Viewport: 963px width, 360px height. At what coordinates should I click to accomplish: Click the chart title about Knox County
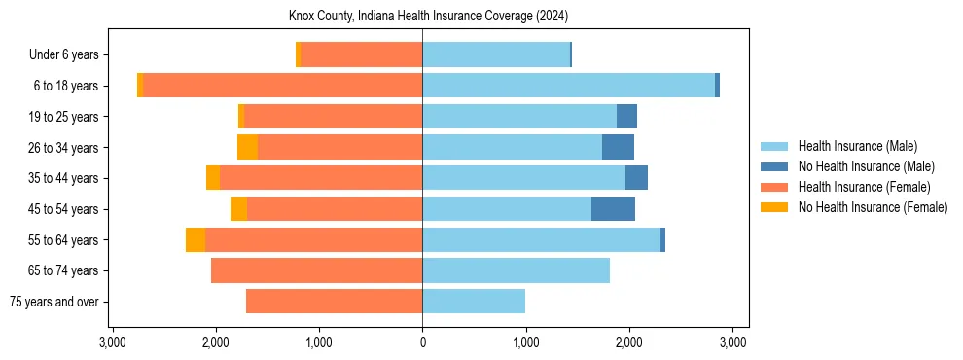pos(428,17)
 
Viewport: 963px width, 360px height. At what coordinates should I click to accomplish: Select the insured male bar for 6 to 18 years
pos(568,86)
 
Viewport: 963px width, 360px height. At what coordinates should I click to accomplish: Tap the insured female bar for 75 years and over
pos(334,302)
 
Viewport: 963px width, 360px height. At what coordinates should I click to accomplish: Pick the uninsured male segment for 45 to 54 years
pos(613,209)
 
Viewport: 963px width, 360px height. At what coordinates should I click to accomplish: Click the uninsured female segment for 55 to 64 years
pos(196,240)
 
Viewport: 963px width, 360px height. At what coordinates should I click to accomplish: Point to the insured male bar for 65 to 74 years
pos(516,270)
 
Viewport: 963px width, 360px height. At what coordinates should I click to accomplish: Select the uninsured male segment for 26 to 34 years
pos(618,147)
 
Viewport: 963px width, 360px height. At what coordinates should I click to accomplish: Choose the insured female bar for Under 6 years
pos(361,54)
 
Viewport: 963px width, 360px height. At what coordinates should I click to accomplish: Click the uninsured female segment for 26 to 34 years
pos(248,147)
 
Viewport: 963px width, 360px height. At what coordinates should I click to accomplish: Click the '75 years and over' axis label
pos(54,303)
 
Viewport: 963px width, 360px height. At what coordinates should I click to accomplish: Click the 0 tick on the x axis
pos(422,342)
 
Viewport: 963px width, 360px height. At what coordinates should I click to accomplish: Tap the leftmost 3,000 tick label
pos(113,342)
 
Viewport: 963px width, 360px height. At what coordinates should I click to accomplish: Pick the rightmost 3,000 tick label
pos(731,342)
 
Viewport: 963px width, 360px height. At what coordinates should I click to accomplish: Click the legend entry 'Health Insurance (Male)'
pos(857,147)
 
